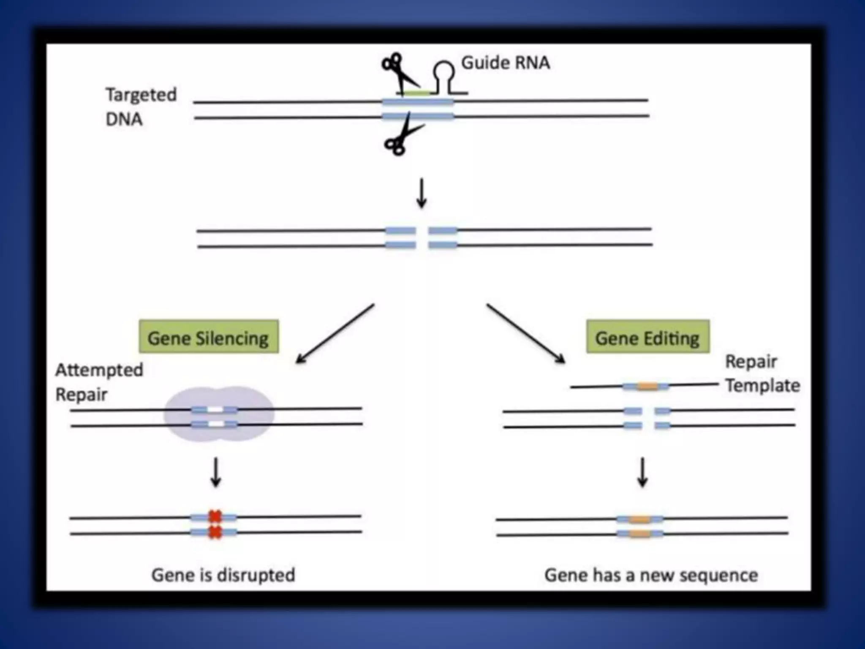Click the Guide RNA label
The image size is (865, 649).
505,63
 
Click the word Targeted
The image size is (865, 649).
141,95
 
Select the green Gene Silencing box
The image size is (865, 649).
209,337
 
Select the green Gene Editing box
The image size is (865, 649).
647,337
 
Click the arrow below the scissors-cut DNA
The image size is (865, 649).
421,193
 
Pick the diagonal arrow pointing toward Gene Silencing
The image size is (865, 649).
335,333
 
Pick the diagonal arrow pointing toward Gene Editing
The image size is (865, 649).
526,333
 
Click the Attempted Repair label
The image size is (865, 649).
99,382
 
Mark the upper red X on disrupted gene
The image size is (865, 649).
215,516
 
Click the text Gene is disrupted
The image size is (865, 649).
223,575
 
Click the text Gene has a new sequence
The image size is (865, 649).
651,575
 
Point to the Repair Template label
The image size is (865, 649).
762,374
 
